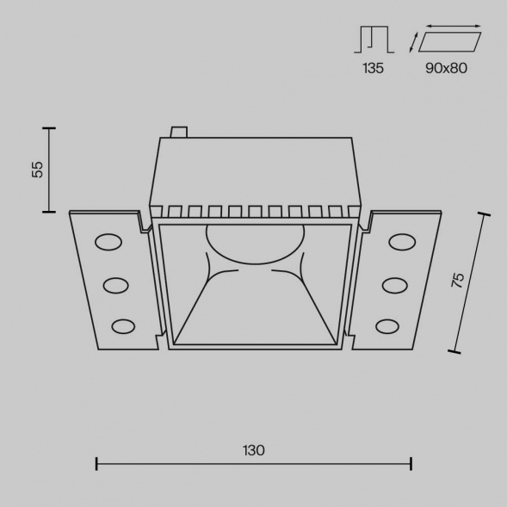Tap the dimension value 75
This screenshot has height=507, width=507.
(458, 280)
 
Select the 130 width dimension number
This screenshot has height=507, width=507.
(253, 449)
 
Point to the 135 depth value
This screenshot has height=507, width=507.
(373, 68)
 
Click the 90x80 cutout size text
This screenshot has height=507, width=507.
(446, 68)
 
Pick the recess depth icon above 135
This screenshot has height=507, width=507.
(373, 40)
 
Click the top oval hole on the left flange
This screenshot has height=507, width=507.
(108, 243)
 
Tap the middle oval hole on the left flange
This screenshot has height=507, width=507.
(116, 284)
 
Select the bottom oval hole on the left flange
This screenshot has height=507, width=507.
(124, 325)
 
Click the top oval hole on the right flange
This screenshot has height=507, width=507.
(402, 243)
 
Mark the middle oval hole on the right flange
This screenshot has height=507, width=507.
(394, 284)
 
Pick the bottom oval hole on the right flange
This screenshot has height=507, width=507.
(386, 325)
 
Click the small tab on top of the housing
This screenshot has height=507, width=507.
(179, 133)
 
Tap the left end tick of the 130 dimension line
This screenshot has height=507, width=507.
(96, 464)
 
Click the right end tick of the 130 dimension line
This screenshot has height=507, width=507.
(411, 464)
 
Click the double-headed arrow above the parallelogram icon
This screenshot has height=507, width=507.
(454, 27)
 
